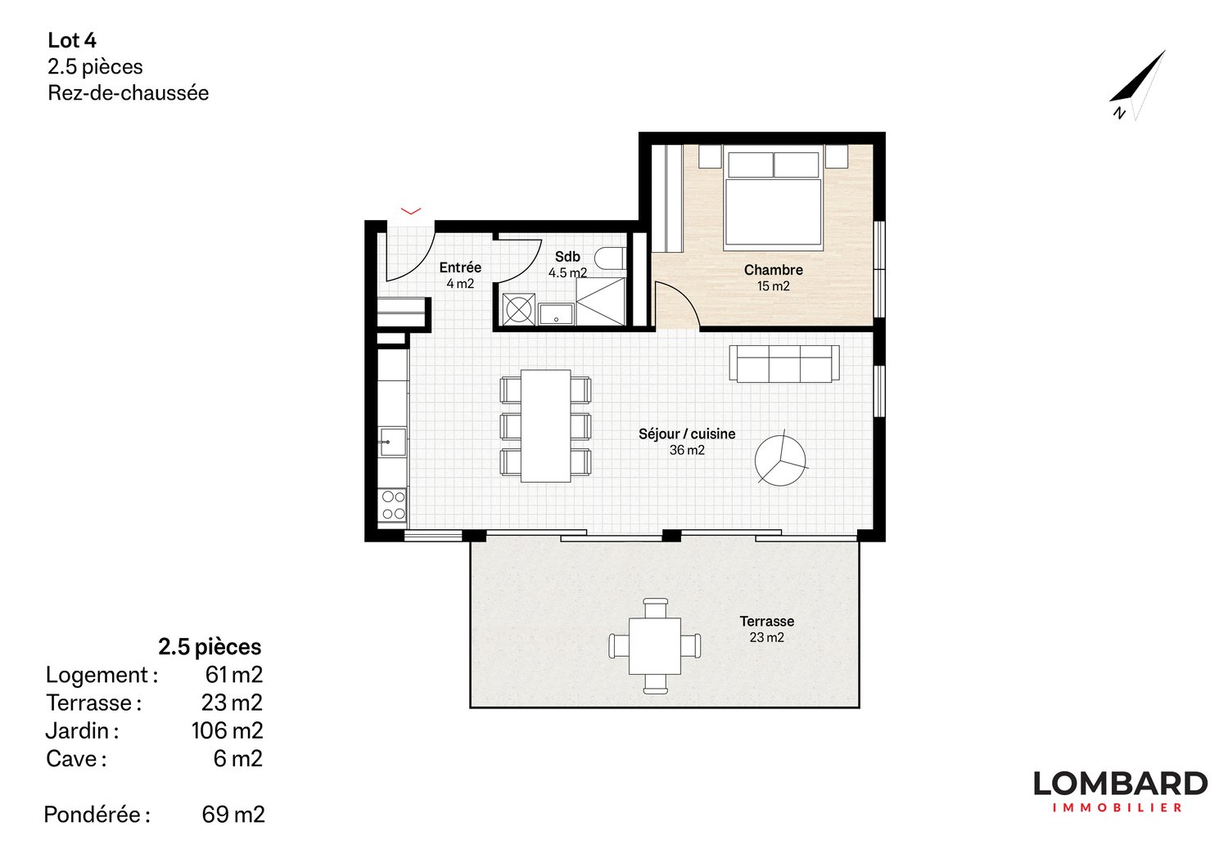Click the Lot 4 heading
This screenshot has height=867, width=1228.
click(72, 40)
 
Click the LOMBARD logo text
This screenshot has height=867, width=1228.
click(1119, 784)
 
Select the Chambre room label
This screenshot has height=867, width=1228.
click(773, 270)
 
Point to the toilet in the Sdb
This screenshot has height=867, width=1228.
click(610, 258)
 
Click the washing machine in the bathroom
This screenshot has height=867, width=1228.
click(518, 309)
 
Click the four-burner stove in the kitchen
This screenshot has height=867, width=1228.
click(393, 505)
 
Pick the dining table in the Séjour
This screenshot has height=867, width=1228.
click(545, 425)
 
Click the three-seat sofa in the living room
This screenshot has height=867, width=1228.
click(783, 363)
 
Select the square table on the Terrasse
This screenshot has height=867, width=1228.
click(655, 646)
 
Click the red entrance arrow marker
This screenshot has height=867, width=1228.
click(410, 211)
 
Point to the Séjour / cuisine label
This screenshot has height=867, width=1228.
click(687, 434)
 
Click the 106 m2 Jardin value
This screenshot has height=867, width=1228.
click(227, 730)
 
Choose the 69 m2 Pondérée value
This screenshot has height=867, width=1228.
click(233, 815)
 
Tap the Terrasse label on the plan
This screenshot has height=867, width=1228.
click(766, 622)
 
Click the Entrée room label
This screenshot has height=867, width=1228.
click(460, 267)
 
